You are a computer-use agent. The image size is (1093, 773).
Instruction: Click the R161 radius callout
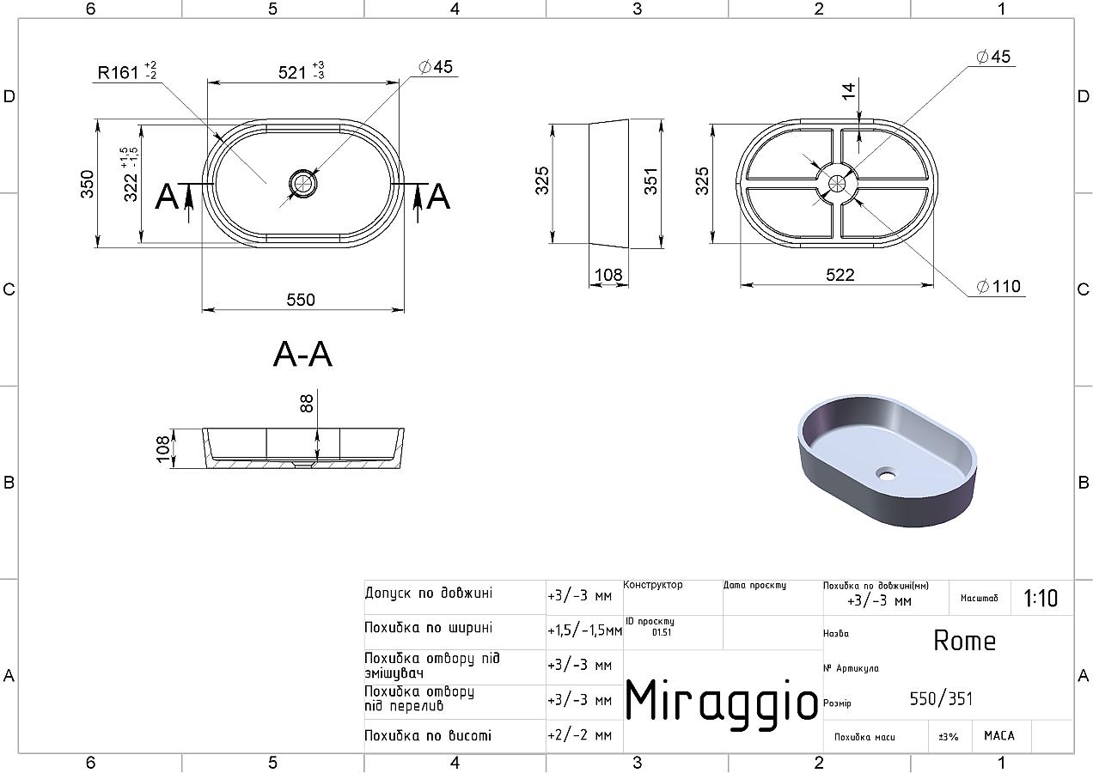(127, 71)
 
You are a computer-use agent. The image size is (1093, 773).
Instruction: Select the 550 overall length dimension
(301, 300)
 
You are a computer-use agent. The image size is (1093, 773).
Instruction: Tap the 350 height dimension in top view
(87, 184)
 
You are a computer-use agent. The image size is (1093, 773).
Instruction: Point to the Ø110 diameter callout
(998, 286)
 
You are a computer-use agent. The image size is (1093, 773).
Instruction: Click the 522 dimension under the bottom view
(840, 275)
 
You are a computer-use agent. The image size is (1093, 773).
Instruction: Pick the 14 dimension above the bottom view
(849, 91)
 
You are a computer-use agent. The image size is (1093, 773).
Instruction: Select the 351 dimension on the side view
(651, 181)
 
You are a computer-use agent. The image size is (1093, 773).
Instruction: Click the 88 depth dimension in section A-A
(306, 404)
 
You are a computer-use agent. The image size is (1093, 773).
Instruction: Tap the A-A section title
(302, 354)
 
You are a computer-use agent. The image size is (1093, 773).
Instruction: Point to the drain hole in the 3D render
(886, 472)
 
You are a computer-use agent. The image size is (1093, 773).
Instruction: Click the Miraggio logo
(721, 701)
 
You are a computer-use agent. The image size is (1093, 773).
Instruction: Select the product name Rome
(964, 641)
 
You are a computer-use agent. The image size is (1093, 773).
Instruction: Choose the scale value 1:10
(1041, 598)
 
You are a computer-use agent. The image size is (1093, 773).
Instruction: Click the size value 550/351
(941, 699)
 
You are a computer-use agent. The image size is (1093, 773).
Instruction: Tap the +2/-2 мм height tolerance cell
(580, 735)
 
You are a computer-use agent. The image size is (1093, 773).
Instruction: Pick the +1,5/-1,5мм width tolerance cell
(584, 630)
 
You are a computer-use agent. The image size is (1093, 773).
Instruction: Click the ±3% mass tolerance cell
(949, 736)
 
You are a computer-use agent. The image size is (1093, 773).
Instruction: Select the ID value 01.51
(662, 632)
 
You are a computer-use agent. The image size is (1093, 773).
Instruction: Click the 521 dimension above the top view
(301, 71)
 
